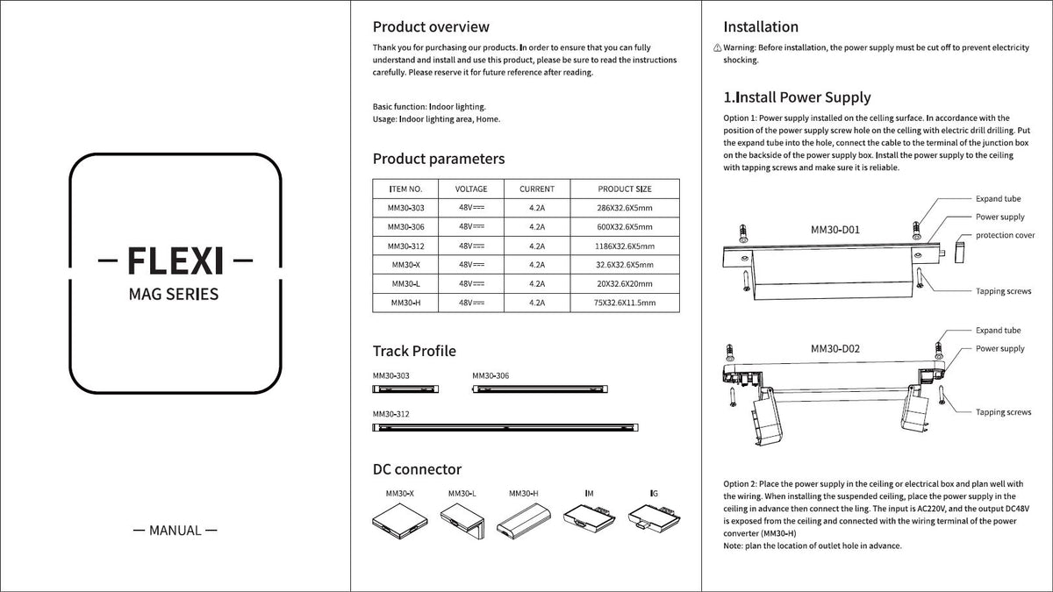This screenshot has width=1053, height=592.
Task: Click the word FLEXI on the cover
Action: (x=175, y=261)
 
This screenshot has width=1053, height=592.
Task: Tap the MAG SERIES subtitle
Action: (x=174, y=294)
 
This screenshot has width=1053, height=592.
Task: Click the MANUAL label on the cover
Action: (x=174, y=530)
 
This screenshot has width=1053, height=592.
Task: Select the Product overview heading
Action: (x=431, y=27)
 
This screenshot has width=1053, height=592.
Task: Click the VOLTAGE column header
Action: (x=471, y=189)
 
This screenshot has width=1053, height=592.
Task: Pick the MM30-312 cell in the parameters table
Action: (x=405, y=246)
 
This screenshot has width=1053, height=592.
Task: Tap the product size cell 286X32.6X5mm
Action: (x=624, y=208)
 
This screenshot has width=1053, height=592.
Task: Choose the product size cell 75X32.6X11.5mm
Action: (x=624, y=303)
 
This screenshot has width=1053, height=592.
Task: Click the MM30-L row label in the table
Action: (x=405, y=283)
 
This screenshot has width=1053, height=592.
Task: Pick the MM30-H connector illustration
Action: (x=523, y=523)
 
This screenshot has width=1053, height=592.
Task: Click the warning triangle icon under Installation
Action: (x=717, y=47)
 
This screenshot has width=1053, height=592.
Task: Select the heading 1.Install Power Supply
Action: (x=797, y=97)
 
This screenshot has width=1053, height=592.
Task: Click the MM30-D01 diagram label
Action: (x=835, y=231)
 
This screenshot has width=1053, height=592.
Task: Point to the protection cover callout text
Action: (x=1005, y=235)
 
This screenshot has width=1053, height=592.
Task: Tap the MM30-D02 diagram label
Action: (x=835, y=348)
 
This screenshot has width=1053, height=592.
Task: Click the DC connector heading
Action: (x=417, y=469)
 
